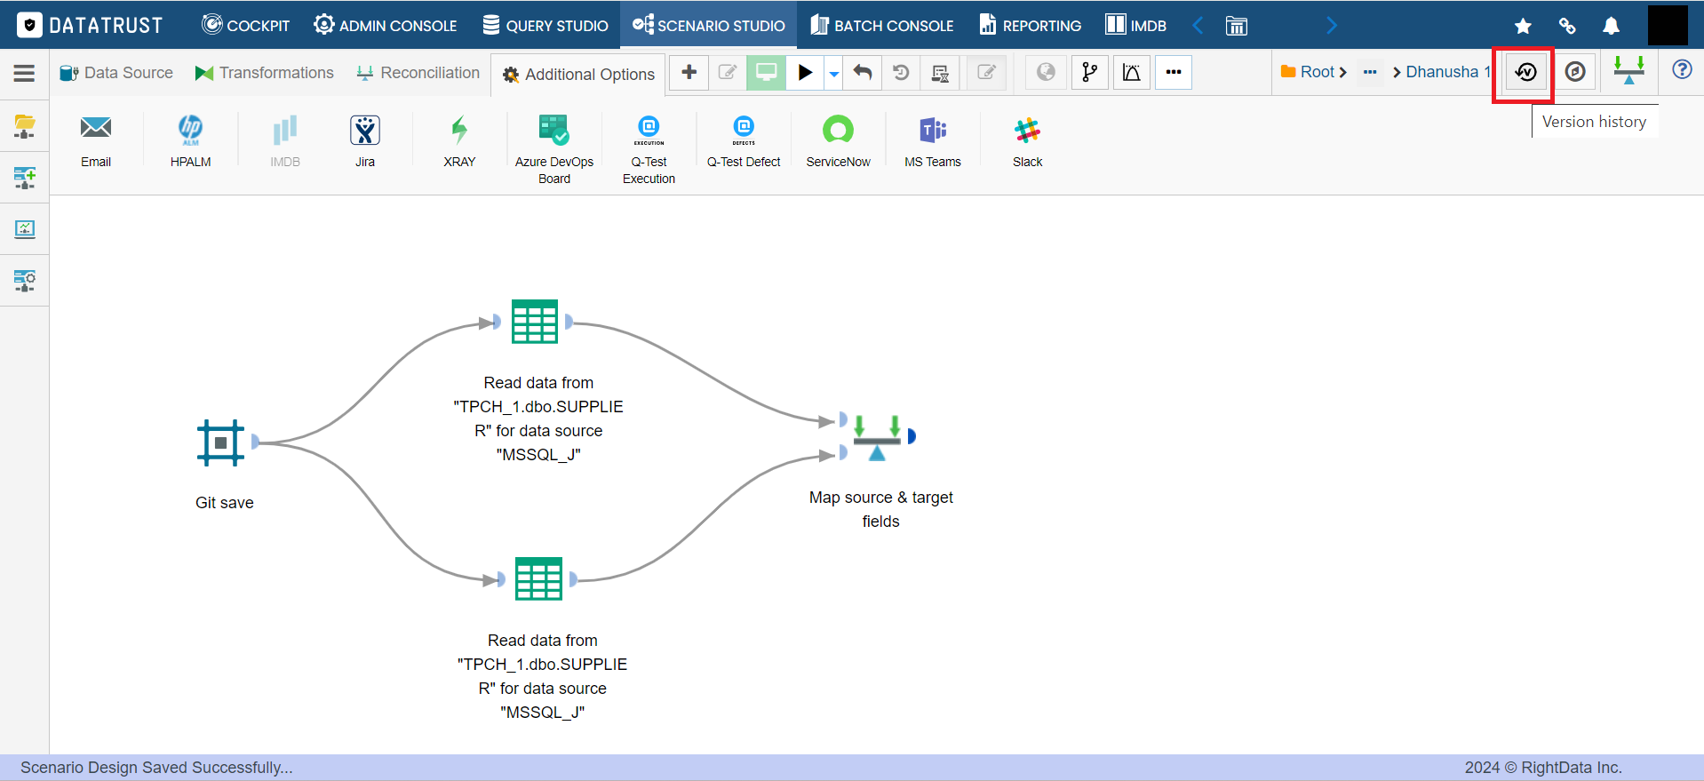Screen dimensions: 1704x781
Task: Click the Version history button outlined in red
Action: tap(1525, 72)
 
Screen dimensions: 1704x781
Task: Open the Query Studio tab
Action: tap(545, 25)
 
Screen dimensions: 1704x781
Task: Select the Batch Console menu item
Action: tap(882, 25)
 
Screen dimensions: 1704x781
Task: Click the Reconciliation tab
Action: tap(418, 73)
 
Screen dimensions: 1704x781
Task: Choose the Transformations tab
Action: tap(265, 73)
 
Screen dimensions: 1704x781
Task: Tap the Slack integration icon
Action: tap(1027, 131)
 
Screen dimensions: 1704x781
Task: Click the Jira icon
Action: tap(365, 131)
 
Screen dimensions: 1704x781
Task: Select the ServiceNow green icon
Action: tap(838, 131)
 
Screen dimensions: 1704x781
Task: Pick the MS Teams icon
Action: tap(933, 131)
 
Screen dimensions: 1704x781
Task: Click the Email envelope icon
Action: tap(96, 128)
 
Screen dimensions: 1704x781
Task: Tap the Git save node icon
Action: tap(220, 442)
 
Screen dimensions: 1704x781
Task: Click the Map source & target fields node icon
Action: tap(877, 437)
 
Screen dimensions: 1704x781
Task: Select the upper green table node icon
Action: tap(535, 322)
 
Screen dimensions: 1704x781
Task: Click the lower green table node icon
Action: tap(538, 579)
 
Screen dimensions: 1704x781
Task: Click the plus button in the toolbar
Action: tap(689, 72)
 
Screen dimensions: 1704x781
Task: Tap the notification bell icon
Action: tap(1611, 26)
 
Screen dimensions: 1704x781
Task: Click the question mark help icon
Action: tap(1682, 69)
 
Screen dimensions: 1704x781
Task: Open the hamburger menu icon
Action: tap(24, 73)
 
